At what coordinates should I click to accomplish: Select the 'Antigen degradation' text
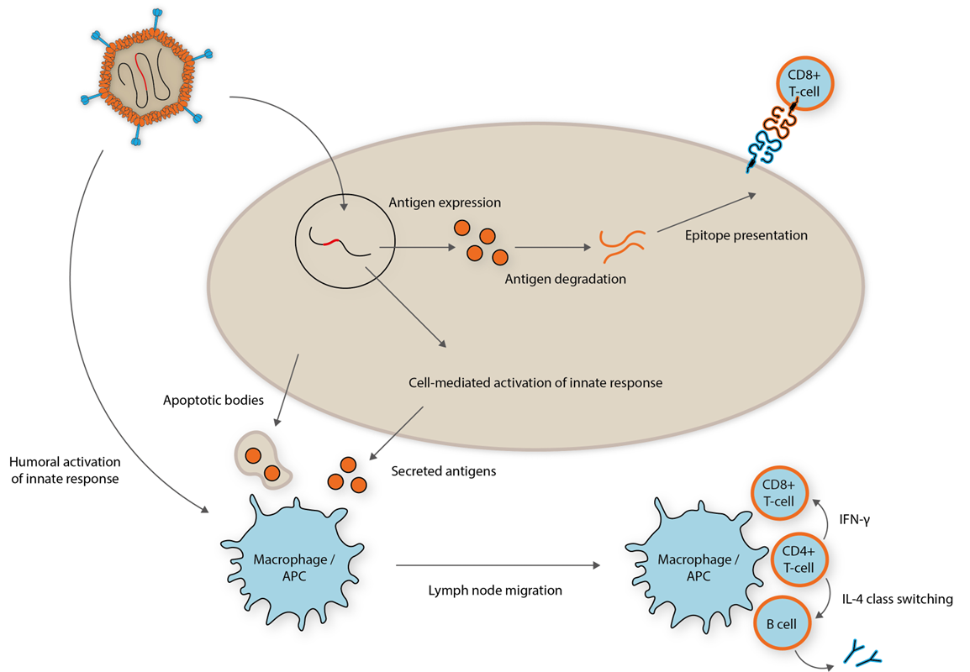pyautogui.click(x=565, y=279)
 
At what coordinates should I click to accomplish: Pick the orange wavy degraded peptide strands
pyautogui.click(x=623, y=244)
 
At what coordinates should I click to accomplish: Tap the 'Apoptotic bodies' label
pyautogui.click(x=214, y=401)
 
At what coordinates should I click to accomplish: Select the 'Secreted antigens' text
pyautogui.click(x=444, y=471)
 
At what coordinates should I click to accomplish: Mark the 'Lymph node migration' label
pyautogui.click(x=495, y=591)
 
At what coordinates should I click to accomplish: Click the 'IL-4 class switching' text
pyautogui.click(x=896, y=599)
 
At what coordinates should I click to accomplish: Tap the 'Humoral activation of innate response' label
pyautogui.click(x=65, y=470)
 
